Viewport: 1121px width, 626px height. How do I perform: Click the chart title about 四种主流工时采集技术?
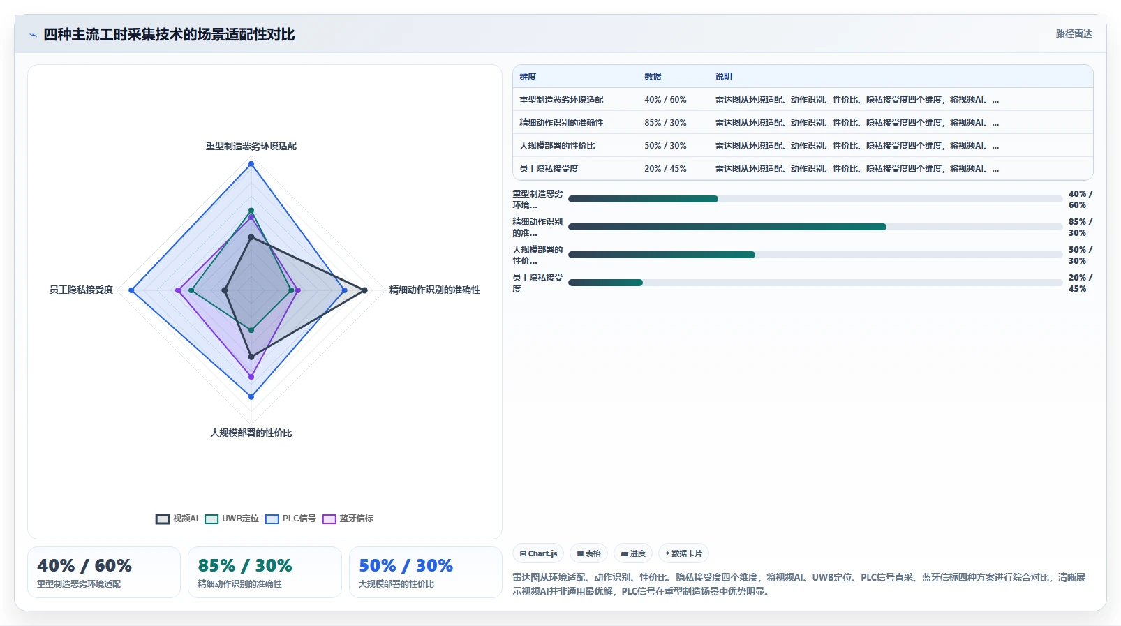click(x=169, y=34)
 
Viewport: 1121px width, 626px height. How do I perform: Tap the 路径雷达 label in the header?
click(x=1074, y=33)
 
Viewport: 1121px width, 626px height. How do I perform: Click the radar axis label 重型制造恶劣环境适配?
click(x=251, y=146)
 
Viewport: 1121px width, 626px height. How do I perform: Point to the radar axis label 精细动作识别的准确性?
click(x=434, y=290)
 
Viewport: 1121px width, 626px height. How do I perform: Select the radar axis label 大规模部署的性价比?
click(x=251, y=433)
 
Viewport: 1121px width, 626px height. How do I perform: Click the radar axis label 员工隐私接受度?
click(x=81, y=290)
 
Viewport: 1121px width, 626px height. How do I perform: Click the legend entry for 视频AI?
click(x=177, y=519)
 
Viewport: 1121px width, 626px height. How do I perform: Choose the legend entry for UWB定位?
click(x=232, y=519)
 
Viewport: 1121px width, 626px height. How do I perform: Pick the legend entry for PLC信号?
click(x=290, y=519)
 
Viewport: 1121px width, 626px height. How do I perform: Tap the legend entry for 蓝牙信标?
click(x=348, y=519)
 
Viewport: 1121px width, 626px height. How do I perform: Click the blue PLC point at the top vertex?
click(x=251, y=164)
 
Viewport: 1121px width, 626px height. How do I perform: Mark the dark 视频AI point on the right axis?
click(x=364, y=290)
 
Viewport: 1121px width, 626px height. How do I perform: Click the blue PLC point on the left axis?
click(x=132, y=290)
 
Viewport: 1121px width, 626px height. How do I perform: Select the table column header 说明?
click(x=723, y=77)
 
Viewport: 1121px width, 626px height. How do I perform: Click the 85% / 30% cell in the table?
click(x=665, y=123)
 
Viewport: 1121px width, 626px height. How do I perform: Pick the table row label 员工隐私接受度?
click(x=549, y=169)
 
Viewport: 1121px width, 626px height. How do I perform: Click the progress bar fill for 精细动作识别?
click(x=727, y=228)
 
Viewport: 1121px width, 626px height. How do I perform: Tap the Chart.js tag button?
click(x=538, y=553)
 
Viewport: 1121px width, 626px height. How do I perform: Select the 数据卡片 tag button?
click(x=683, y=553)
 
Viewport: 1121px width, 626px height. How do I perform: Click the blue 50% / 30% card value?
click(x=406, y=565)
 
